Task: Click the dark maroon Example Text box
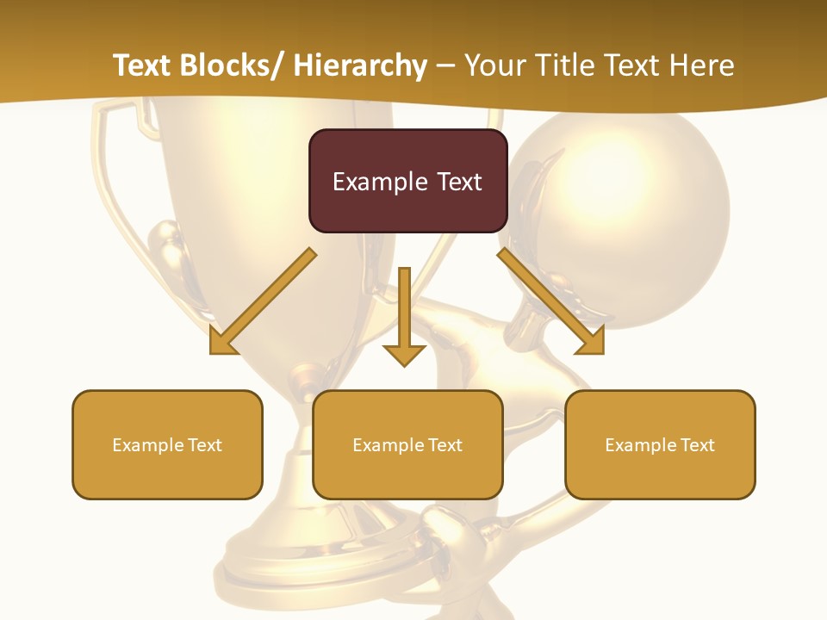tap(407, 181)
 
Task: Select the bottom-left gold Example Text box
tap(167, 444)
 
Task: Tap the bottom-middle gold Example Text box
tap(407, 444)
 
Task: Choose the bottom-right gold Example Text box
tap(660, 444)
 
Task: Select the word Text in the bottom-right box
tap(697, 444)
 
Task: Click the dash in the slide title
tap(445, 65)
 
